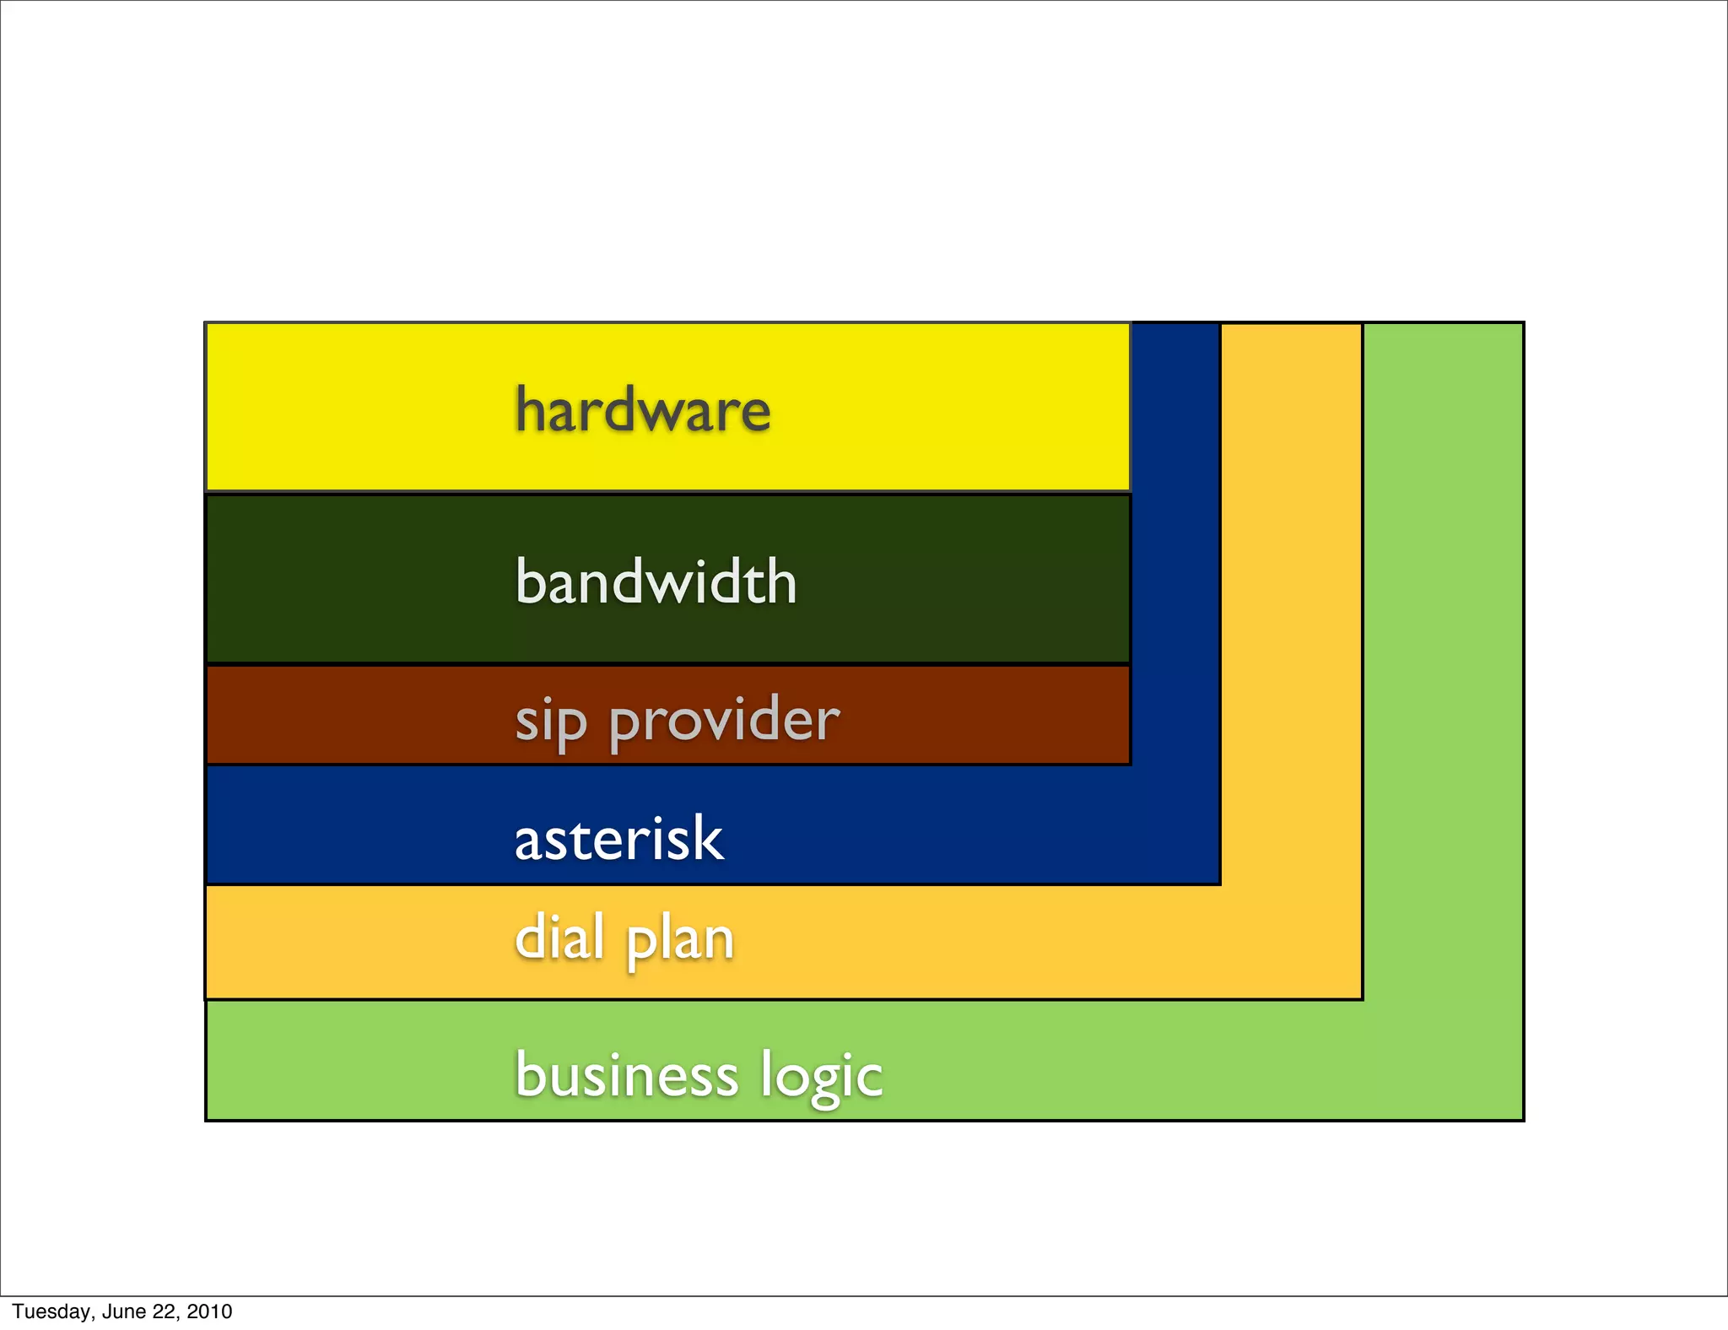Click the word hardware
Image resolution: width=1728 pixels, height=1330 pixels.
coord(643,410)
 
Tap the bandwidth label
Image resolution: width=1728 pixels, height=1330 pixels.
coord(656,581)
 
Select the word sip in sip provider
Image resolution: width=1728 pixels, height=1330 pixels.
coord(550,722)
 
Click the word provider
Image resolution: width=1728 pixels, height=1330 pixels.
coord(724,722)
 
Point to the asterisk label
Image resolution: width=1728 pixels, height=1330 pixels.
coord(618,840)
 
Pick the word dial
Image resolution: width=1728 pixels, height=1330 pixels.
coord(559,938)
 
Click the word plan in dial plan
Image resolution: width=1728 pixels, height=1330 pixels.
coord(680,940)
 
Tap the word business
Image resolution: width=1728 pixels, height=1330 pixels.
coord(626,1075)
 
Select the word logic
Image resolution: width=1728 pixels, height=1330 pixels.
coord(821,1077)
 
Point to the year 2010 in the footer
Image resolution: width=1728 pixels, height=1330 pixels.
coord(209,1311)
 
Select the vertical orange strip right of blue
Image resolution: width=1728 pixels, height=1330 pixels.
coord(1291,591)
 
